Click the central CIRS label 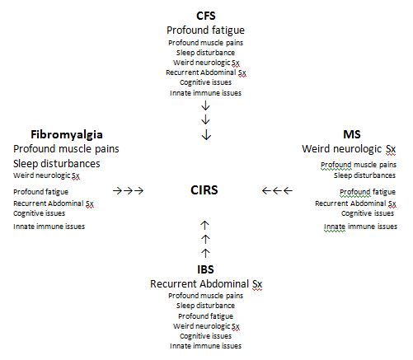tap(204, 190)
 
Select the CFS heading tap(206, 16)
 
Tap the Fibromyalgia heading tap(67, 135)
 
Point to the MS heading tap(352, 134)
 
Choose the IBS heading tap(205, 269)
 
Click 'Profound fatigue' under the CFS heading tap(205, 30)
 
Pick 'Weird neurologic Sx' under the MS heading tap(349, 149)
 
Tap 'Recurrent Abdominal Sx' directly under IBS tap(206, 284)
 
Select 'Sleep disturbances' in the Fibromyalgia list tap(57, 164)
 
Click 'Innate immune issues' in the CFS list tap(205, 93)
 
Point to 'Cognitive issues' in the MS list tap(368, 213)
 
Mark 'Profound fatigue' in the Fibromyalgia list tap(40, 192)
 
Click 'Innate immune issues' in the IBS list tap(205, 346)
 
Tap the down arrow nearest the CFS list tap(205, 105)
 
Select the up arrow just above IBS tap(205, 253)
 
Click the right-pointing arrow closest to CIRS tap(138, 190)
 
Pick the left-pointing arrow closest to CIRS tap(267, 190)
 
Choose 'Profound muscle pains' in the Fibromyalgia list tap(66, 149)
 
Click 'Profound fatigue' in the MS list tap(368, 192)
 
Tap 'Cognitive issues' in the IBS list tap(205, 336)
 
